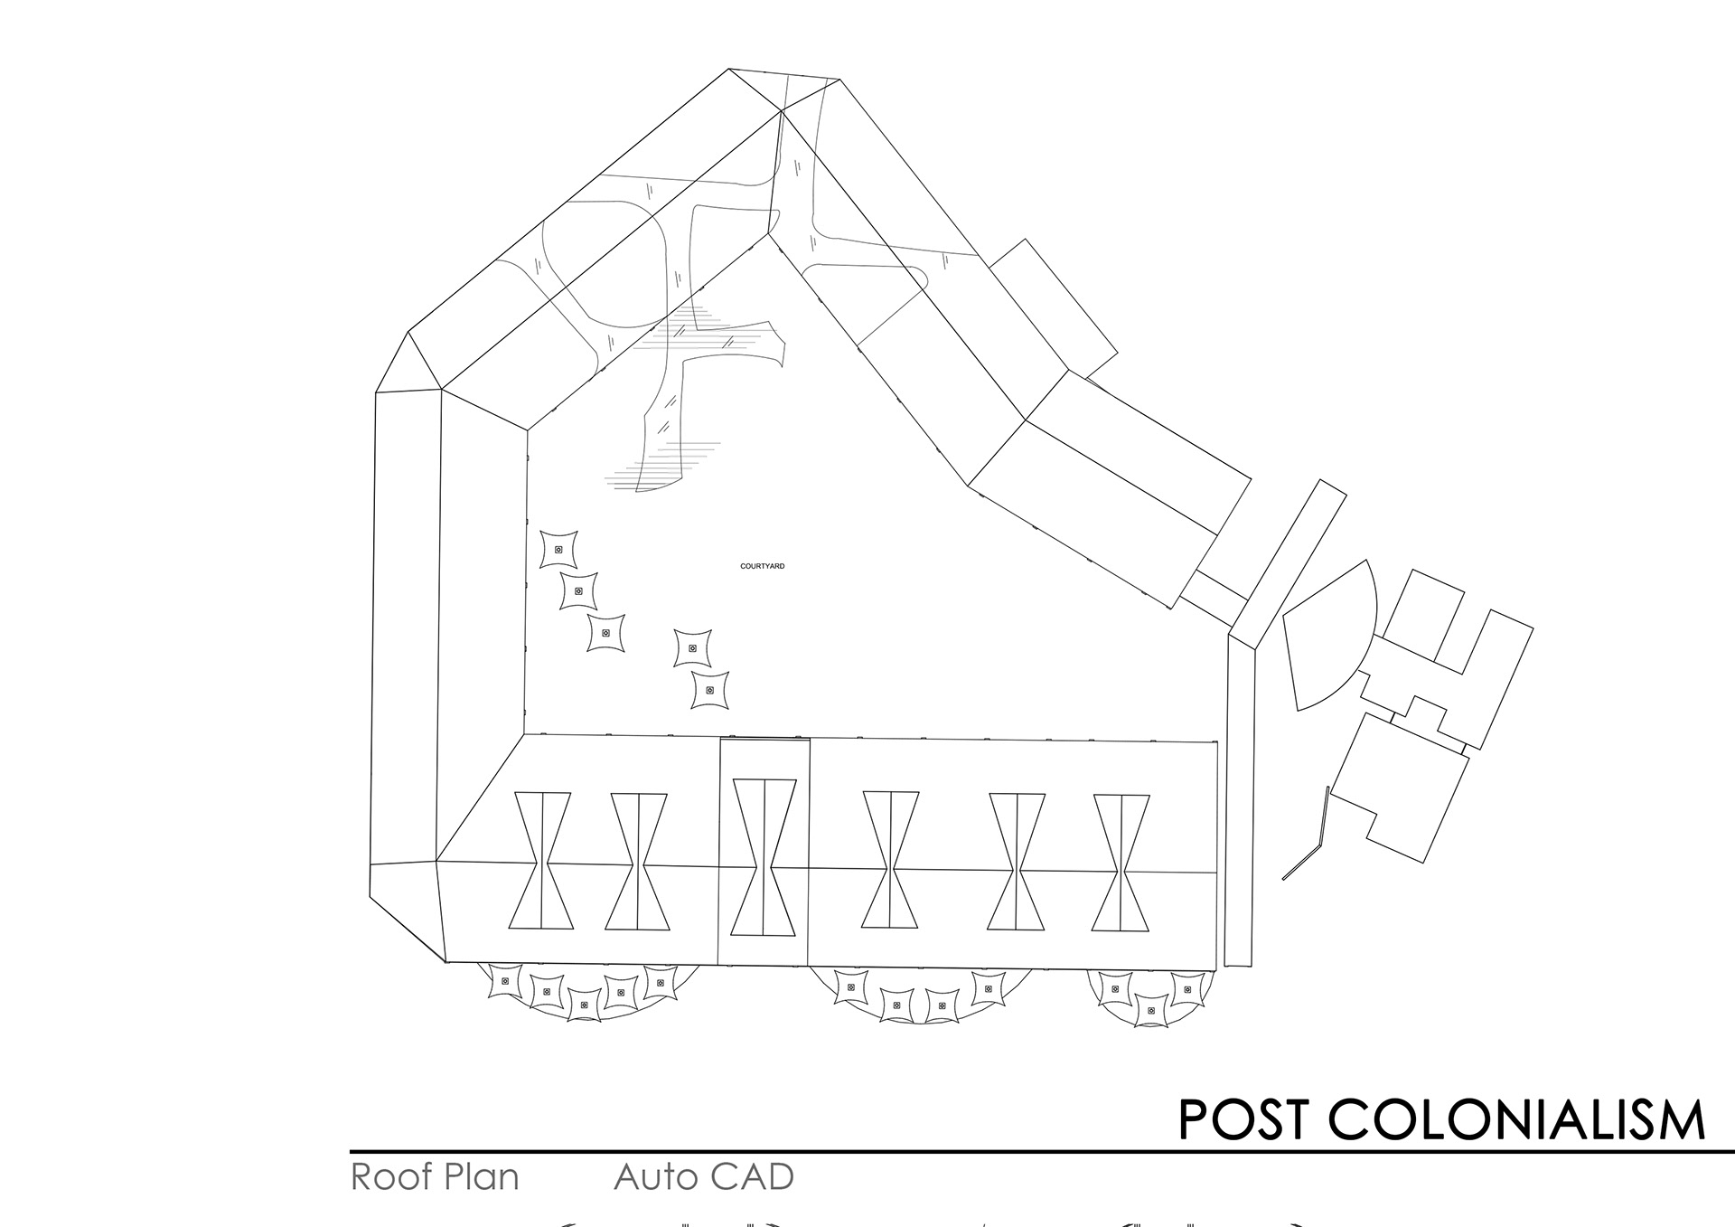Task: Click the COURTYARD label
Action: pos(762,566)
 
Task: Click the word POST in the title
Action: pos(1243,1119)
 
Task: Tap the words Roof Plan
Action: pos(435,1177)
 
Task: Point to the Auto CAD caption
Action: pos(703,1177)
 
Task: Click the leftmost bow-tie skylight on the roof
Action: pos(541,861)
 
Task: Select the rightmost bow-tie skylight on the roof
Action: pos(1121,863)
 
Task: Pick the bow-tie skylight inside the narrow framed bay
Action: pos(764,857)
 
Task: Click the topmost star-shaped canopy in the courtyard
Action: pos(558,549)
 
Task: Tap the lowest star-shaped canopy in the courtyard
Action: pos(709,690)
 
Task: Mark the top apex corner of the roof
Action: pos(730,69)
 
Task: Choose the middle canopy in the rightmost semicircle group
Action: pos(1149,1010)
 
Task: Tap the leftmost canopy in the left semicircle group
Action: pos(504,981)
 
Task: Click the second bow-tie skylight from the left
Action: pos(638,861)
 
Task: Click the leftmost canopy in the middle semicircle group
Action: pos(849,987)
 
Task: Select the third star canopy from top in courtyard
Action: pos(605,633)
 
